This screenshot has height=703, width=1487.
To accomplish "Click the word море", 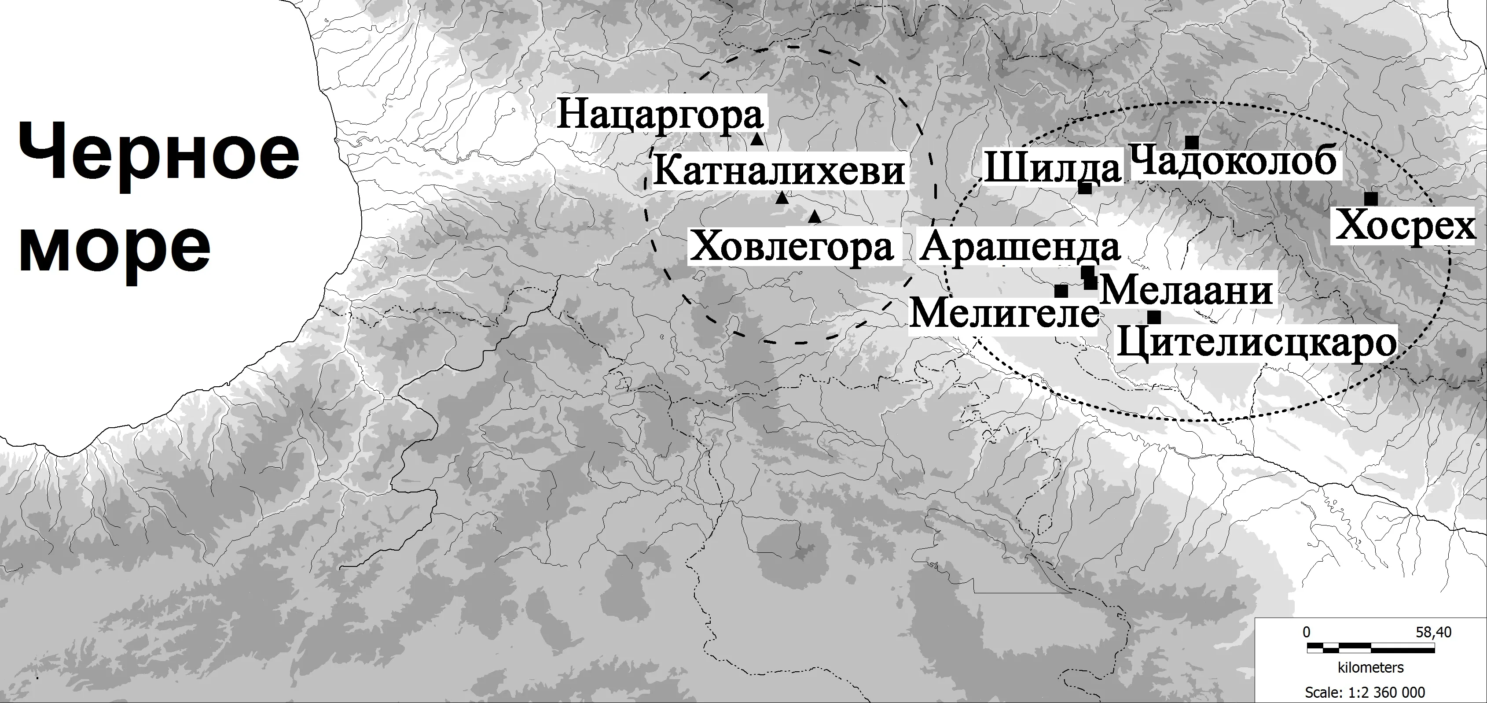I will pyautogui.click(x=115, y=249).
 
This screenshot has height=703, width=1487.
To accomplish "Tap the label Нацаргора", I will pyautogui.click(x=659, y=115).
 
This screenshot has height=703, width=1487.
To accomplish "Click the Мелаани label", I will pyautogui.click(x=1186, y=291).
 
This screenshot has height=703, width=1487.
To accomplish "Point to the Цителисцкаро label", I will pyautogui.click(x=1257, y=344).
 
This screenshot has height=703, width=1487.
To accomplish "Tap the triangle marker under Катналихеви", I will pyautogui.click(x=782, y=199).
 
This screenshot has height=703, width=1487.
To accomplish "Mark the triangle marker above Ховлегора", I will pyautogui.click(x=815, y=217).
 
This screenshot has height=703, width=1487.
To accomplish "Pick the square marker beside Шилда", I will pyautogui.click(x=1085, y=188).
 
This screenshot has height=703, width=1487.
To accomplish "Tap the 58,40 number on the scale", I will pyautogui.click(x=1433, y=633).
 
